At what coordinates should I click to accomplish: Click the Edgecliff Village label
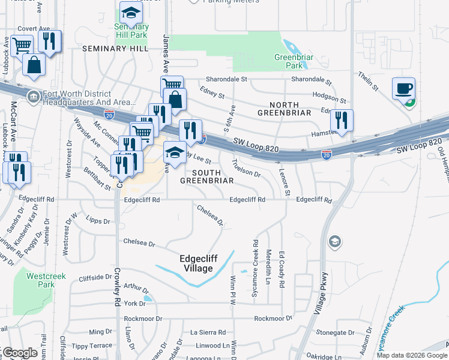(x=196, y=263)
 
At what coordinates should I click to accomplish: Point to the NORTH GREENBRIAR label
(x=284, y=107)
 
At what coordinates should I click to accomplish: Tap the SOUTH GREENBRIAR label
(x=207, y=175)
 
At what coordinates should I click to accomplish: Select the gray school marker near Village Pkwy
(x=334, y=242)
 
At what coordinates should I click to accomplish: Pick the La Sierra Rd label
(x=208, y=332)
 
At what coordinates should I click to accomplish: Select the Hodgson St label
(x=328, y=97)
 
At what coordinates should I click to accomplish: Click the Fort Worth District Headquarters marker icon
(x=32, y=95)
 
